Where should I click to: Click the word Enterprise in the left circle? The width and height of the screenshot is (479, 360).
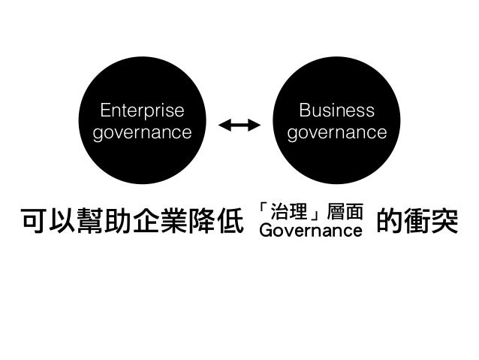click(x=141, y=111)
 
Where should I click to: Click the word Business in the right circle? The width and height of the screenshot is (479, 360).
click(x=336, y=111)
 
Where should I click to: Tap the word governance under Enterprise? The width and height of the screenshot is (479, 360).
click(x=141, y=133)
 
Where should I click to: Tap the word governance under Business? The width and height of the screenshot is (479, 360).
click(x=336, y=133)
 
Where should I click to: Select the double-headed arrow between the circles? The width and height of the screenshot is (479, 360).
click(x=239, y=125)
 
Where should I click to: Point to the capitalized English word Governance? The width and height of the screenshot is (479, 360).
click(x=310, y=229)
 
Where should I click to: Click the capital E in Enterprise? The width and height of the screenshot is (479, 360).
click(x=104, y=111)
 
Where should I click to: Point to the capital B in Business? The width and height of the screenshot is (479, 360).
click(x=304, y=111)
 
